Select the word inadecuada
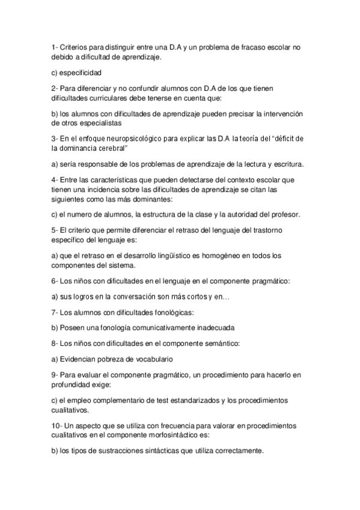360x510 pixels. [x=212, y=328]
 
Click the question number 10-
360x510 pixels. [x=58, y=426]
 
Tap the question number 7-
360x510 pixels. [x=55, y=313]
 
